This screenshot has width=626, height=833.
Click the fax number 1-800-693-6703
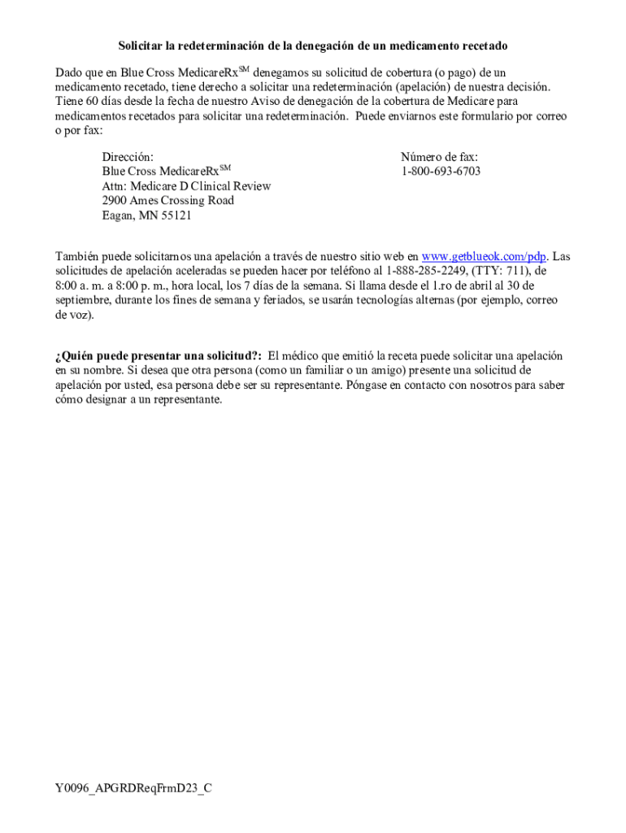coord(440,171)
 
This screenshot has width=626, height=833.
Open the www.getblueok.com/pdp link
coord(484,257)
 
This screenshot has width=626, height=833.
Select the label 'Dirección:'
coord(128,156)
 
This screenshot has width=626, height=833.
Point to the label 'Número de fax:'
coord(439,156)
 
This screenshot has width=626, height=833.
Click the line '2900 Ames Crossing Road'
coord(167,201)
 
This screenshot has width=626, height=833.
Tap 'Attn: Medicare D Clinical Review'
coord(186,186)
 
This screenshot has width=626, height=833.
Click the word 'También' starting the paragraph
coord(75,257)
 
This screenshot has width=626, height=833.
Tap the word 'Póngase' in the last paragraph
coord(367,386)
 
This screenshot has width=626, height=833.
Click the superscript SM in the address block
coord(226,168)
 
